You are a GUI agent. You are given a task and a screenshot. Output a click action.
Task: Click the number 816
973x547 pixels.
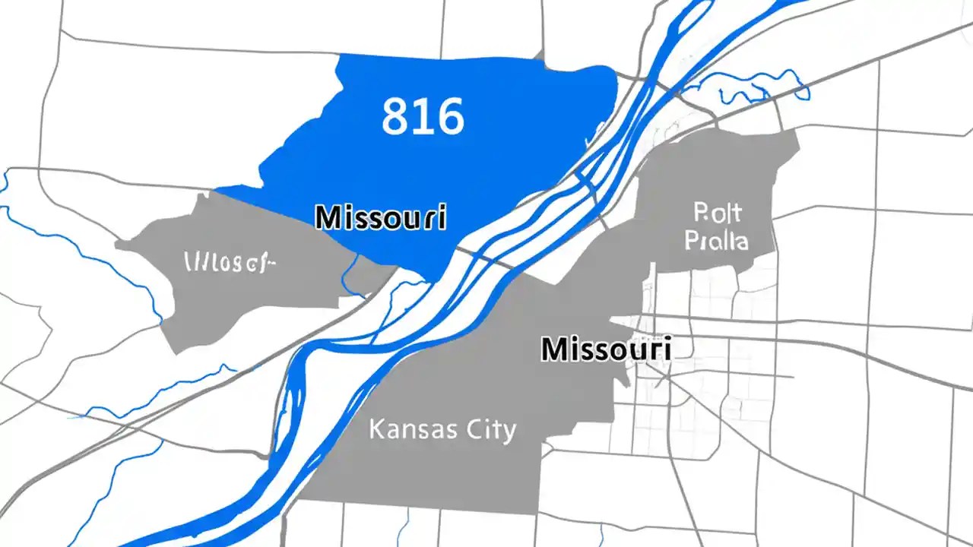click(x=423, y=116)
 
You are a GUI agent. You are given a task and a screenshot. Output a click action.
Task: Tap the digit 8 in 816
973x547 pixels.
click(x=395, y=116)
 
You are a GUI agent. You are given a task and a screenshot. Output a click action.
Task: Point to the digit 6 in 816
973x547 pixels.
click(x=448, y=116)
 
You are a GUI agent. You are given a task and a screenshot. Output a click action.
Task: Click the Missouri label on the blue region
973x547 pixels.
click(x=380, y=217)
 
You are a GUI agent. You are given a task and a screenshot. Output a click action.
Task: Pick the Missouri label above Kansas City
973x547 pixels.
click(x=605, y=349)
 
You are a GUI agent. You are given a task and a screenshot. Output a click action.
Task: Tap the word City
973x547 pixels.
click(x=486, y=430)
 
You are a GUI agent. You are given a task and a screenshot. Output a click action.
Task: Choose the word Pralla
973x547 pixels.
click(x=716, y=241)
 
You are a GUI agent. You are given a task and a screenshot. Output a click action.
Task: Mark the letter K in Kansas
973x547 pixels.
click(x=376, y=429)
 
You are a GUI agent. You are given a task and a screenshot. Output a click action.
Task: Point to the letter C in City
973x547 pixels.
click(x=466, y=429)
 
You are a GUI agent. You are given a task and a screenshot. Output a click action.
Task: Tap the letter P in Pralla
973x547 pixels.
click(x=693, y=241)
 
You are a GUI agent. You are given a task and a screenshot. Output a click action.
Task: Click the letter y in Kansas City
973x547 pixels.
click(x=509, y=432)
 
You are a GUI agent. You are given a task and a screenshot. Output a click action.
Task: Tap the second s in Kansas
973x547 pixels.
click(x=440, y=431)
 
